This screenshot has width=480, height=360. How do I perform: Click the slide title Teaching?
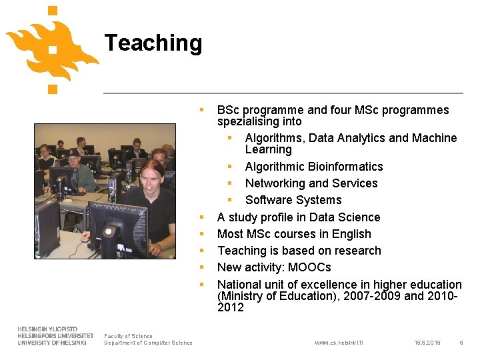point(153,43)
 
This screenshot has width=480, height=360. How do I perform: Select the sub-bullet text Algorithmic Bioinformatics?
point(314,167)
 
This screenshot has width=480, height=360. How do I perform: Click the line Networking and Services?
point(311,183)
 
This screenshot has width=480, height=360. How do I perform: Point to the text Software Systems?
point(293,200)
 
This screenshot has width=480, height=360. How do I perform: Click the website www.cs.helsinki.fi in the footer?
point(339,343)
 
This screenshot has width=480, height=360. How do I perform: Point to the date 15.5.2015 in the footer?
point(427,343)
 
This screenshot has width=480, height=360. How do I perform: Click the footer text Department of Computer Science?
point(148,343)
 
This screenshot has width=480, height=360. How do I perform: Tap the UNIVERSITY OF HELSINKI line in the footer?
point(52,343)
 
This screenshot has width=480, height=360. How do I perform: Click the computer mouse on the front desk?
point(159,249)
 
